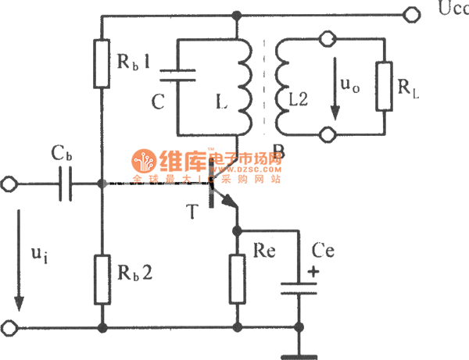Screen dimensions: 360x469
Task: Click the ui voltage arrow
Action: tap(20, 273)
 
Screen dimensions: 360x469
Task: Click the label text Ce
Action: tap(323, 250)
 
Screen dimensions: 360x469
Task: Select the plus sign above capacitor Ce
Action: tap(313, 273)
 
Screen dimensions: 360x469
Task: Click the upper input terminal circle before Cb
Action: tap(10, 184)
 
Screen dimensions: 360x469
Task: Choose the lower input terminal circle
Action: tap(10, 327)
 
